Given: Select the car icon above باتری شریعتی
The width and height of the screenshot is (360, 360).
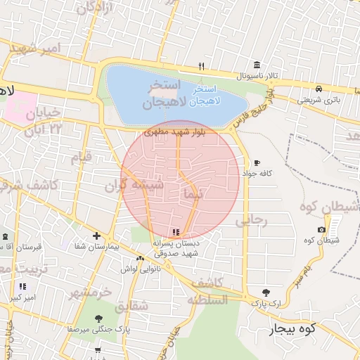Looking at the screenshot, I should (319, 89).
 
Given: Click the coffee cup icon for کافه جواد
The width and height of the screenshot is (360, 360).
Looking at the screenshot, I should (257, 162).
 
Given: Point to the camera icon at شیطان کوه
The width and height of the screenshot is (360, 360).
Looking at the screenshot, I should (322, 229).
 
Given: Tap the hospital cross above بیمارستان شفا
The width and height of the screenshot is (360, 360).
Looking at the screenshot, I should (96, 236).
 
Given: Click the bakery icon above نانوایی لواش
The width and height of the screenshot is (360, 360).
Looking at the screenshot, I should (140, 258).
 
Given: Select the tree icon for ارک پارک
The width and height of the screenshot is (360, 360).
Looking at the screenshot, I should (265, 292).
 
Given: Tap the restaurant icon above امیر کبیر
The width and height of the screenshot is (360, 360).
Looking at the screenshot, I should (23, 286).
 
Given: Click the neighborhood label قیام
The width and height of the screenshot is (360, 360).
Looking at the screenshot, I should (80, 157).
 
